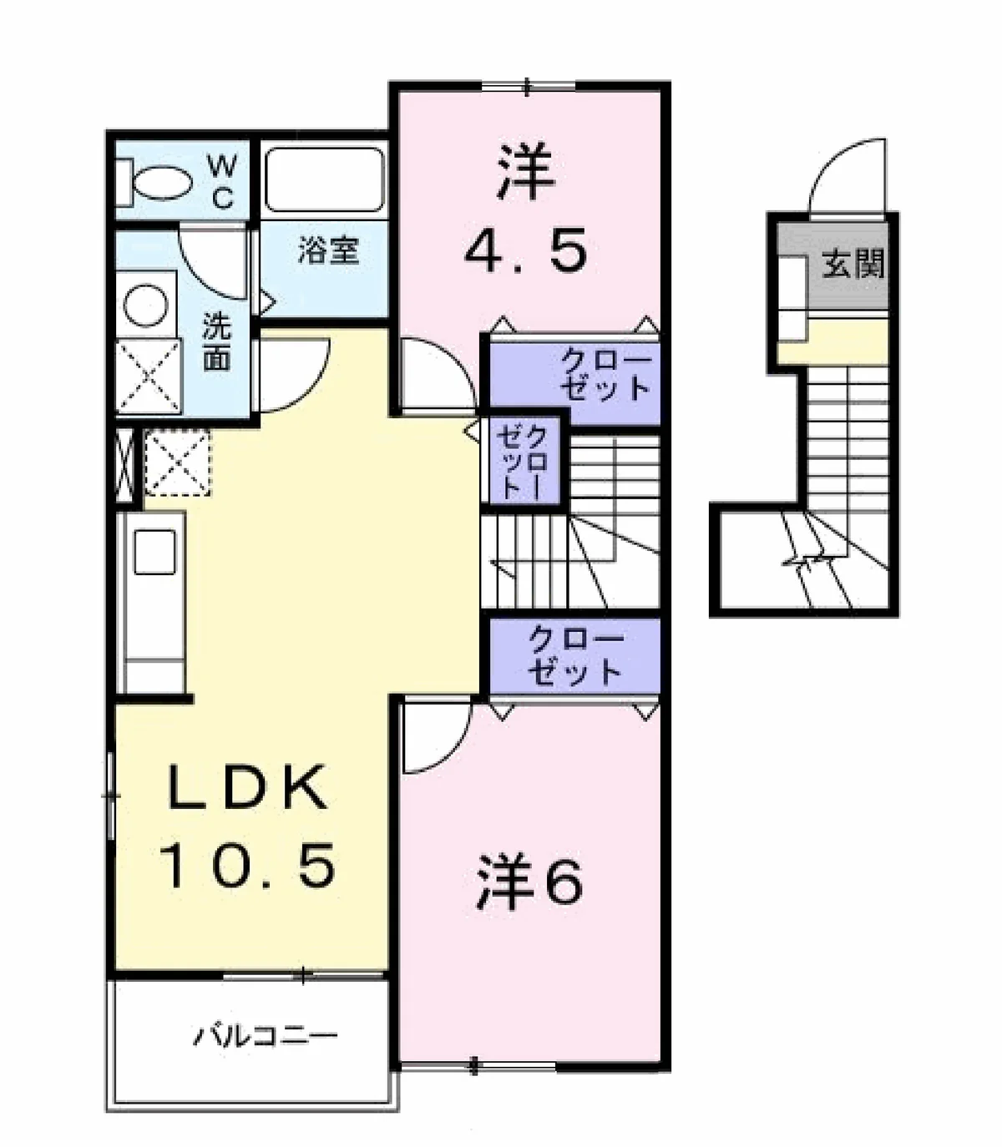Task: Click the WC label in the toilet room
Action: click(223, 182)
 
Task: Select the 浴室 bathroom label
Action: click(329, 250)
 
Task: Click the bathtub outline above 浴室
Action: click(325, 179)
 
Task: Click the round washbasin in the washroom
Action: click(146, 306)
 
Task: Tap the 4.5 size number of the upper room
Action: click(526, 249)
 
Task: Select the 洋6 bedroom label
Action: click(530, 883)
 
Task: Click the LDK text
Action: click(247, 787)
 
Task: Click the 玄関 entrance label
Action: click(853, 264)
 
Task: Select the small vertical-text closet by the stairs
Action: click(524, 462)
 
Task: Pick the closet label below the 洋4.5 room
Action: click(605, 373)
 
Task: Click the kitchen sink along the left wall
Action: click(154, 552)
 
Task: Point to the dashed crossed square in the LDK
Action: click(177, 462)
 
